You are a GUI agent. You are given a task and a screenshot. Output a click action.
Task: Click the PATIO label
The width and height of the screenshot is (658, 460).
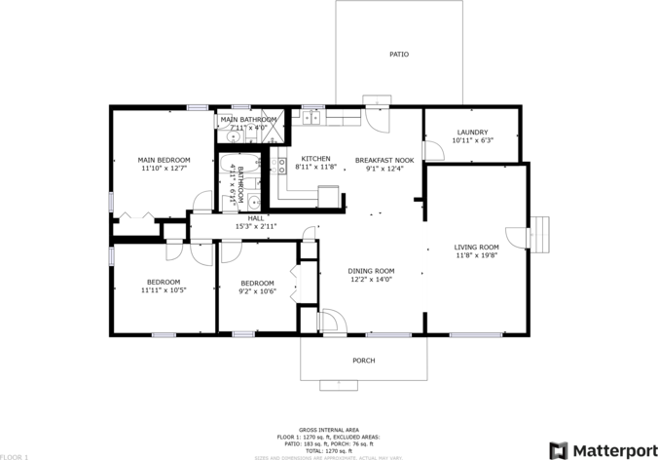tap(398, 55)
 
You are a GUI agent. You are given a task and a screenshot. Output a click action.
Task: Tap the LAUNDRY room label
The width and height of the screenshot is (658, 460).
tap(472, 132)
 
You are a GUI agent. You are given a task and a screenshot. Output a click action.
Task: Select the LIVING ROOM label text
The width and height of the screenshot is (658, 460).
tap(476, 247)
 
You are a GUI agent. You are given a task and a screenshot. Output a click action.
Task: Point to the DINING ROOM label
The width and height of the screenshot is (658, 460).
tap(371, 271)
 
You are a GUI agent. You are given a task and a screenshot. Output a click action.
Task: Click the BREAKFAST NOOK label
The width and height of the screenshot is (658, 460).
tap(384, 160)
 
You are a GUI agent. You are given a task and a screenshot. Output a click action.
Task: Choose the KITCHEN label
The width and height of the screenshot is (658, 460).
tap(315, 159)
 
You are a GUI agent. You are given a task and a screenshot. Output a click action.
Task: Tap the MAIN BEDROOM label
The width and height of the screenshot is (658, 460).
tap(164, 160)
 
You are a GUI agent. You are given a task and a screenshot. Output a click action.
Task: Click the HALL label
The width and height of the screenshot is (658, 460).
tap(255, 218)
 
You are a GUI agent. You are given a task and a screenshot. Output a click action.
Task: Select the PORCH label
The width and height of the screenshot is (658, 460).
tap(363, 361)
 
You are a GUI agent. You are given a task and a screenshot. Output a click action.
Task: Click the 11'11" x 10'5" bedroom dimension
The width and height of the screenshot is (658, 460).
tap(164, 289)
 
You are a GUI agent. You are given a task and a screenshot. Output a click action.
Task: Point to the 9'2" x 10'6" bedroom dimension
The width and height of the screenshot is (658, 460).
tap(258, 290)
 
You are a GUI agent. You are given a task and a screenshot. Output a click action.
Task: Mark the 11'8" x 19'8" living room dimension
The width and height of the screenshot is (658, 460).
tap(476, 256)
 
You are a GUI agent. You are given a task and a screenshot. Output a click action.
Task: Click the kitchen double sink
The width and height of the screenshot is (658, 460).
tap(311, 118)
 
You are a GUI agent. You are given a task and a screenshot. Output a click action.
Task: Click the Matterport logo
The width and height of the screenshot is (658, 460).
tap(595, 449)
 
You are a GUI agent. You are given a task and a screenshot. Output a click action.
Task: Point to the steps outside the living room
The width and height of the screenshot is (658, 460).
tap(542, 233)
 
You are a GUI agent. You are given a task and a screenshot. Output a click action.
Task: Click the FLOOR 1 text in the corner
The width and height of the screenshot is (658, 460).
tap(15, 455)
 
